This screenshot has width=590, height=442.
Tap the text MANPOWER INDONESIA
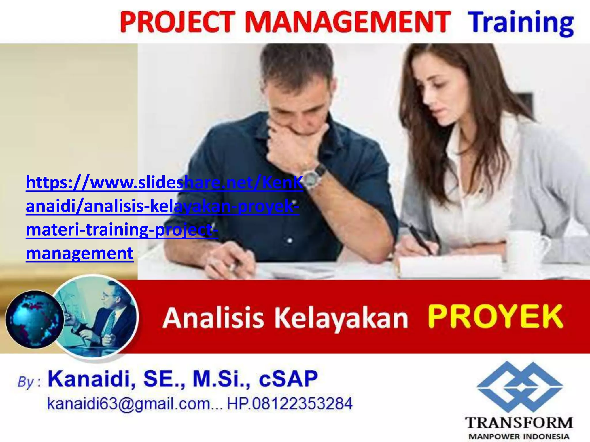[519, 436]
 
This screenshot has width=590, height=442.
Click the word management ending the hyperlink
[80, 253]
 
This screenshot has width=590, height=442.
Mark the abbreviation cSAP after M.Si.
[288, 379]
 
